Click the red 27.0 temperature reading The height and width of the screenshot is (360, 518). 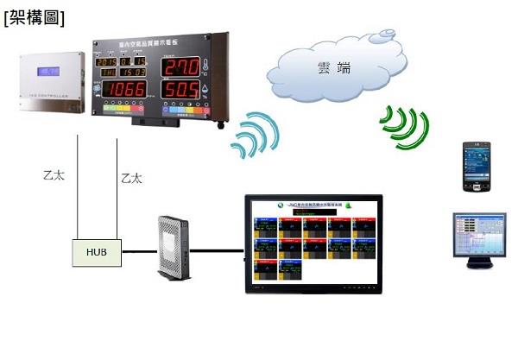[x=181, y=66]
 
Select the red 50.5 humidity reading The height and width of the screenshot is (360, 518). [x=181, y=91]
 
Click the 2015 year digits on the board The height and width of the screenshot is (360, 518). [x=107, y=63]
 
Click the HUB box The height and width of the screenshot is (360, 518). [x=97, y=252]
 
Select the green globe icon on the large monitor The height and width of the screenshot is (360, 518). [x=351, y=207]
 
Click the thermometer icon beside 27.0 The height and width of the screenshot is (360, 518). [x=208, y=66]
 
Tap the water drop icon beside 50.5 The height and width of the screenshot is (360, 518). [x=208, y=91]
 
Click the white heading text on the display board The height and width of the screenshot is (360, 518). [x=159, y=42]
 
